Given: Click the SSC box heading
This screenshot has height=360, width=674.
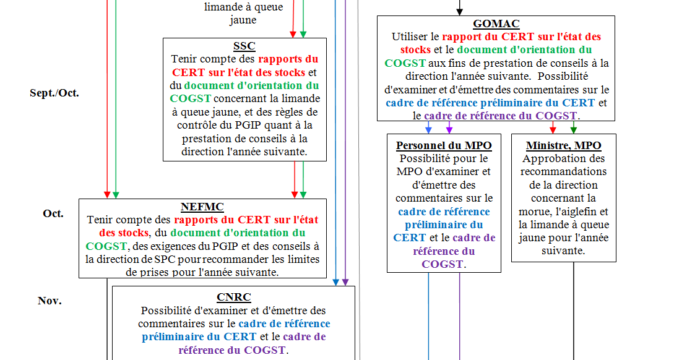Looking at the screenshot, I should click(x=244, y=46).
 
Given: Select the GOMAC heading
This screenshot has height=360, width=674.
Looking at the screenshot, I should click(x=496, y=24).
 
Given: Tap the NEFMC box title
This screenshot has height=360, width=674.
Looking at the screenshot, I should click(x=202, y=207).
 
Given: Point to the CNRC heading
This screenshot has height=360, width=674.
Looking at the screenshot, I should click(x=233, y=297).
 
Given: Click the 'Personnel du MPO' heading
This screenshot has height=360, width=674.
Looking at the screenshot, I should click(x=444, y=145).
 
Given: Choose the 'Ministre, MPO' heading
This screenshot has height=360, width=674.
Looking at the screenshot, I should click(x=563, y=145).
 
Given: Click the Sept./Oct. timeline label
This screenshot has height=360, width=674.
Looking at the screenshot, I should click(x=54, y=93).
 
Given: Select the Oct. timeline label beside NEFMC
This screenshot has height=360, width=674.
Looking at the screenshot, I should click(x=53, y=213).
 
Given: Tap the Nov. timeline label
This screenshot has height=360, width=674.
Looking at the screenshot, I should click(x=50, y=301).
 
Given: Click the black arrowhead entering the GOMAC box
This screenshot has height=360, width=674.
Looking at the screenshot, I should click(x=459, y=12).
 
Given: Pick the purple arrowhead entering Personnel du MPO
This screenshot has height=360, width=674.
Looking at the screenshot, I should click(x=449, y=129).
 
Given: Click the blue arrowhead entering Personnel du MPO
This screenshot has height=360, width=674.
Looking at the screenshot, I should click(x=428, y=129).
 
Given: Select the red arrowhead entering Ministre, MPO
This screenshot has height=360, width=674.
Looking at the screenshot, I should click(x=553, y=129).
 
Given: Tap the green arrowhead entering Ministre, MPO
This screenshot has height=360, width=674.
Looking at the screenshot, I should click(x=574, y=129).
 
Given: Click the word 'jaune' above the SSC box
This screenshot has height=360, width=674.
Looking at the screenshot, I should click(x=243, y=20).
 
